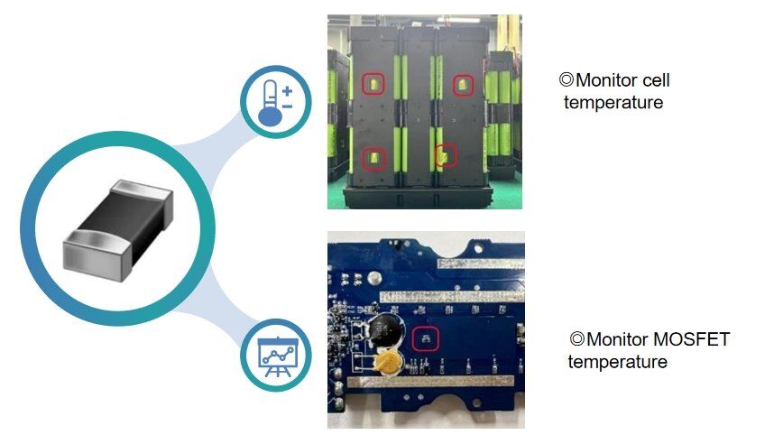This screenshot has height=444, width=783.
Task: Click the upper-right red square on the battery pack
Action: click(461, 87)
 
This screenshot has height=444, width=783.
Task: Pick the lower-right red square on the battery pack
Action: click(447, 155)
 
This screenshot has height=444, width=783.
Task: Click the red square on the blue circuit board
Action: click(425, 339)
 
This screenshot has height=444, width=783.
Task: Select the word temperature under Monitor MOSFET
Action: click(617, 362)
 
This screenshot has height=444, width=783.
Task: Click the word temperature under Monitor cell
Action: click(613, 102)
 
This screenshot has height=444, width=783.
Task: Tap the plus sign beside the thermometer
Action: click(287, 90)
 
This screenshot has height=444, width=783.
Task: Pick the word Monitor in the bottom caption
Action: click(617, 340)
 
